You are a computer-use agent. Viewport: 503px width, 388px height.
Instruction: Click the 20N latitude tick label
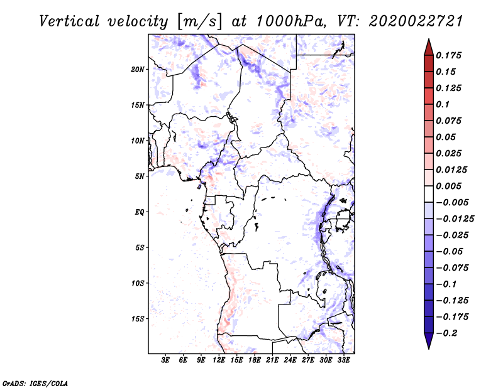(x=138, y=69)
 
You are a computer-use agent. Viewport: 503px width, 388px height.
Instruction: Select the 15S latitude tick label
(x=138, y=319)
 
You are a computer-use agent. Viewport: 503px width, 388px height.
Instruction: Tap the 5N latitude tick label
(x=140, y=176)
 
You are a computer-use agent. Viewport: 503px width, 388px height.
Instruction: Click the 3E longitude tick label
(x=165, y=360)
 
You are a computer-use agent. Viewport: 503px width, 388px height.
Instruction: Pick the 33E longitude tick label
(x=344, y=360)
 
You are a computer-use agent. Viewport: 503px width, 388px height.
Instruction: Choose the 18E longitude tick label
(x=255, y=360)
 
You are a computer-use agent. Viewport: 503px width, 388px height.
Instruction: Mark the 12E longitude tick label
(x=219, y=360)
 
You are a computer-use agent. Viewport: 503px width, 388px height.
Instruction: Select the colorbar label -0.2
(x=448, y=333)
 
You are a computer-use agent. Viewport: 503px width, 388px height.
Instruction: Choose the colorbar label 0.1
(x=444, y=104)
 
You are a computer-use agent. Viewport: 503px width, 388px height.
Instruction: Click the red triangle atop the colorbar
(x=428, y=46)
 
